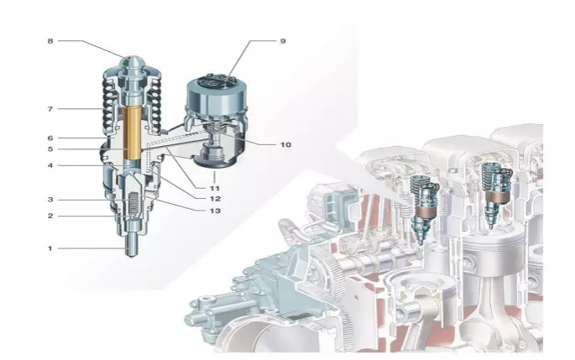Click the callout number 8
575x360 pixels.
click(50, 41)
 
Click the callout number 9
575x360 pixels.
click(283, 41)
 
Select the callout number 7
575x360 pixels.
click(50, 109)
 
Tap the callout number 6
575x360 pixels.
click(50, 138)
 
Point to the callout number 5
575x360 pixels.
click(50, 149)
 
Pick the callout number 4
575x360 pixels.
click(50, 165)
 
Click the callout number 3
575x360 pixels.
click(50, 200)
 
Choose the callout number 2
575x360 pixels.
click(50, 216)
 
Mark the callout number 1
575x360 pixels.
click(50, 248)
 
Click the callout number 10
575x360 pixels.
click(285, 145)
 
